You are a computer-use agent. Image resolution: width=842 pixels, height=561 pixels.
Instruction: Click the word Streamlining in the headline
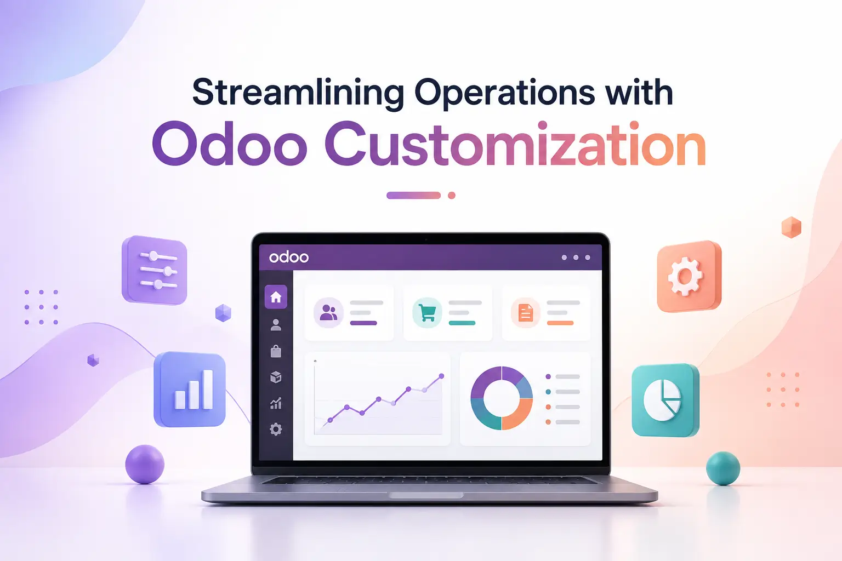[x=298, y=93]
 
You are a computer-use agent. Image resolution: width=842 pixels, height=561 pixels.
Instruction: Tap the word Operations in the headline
[x=505, y=93]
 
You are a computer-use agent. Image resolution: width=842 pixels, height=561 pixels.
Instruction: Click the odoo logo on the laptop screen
[x=289, y=257]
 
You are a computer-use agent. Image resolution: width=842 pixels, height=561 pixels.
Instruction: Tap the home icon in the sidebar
[x=276, y=297]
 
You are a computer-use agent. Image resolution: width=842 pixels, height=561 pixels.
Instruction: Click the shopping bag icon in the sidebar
[x=276, y=351]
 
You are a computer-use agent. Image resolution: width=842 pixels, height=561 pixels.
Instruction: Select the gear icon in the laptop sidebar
[x=276, y=429]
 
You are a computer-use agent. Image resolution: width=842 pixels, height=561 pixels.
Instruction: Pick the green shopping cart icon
[x=427, y=313]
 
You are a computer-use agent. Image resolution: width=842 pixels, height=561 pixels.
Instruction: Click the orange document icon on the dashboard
[x=526, y=313]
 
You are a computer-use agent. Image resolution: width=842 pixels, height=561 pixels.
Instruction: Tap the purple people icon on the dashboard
[x=328, y=313]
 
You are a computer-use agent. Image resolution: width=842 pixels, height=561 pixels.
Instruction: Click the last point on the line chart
[x=442, y=376]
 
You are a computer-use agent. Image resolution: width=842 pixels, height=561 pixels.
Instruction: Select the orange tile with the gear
[x=689, y=277]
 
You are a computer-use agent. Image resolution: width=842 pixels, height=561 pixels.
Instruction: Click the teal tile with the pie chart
[x=665, y=400]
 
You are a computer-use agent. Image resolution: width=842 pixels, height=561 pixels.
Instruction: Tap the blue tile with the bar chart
[x=190, y=390]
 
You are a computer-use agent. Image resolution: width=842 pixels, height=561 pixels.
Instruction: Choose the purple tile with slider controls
[x=155, y=270]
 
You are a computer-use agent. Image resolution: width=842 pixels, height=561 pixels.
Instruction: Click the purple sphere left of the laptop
[x=145, y=465]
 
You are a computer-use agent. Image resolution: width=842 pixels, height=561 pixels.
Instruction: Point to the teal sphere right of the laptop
[x=723, y=468]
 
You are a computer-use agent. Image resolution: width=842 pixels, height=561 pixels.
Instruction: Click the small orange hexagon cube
[x=791, y=227]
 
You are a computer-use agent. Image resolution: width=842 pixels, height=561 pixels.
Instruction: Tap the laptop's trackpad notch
[x=426, y=495]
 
